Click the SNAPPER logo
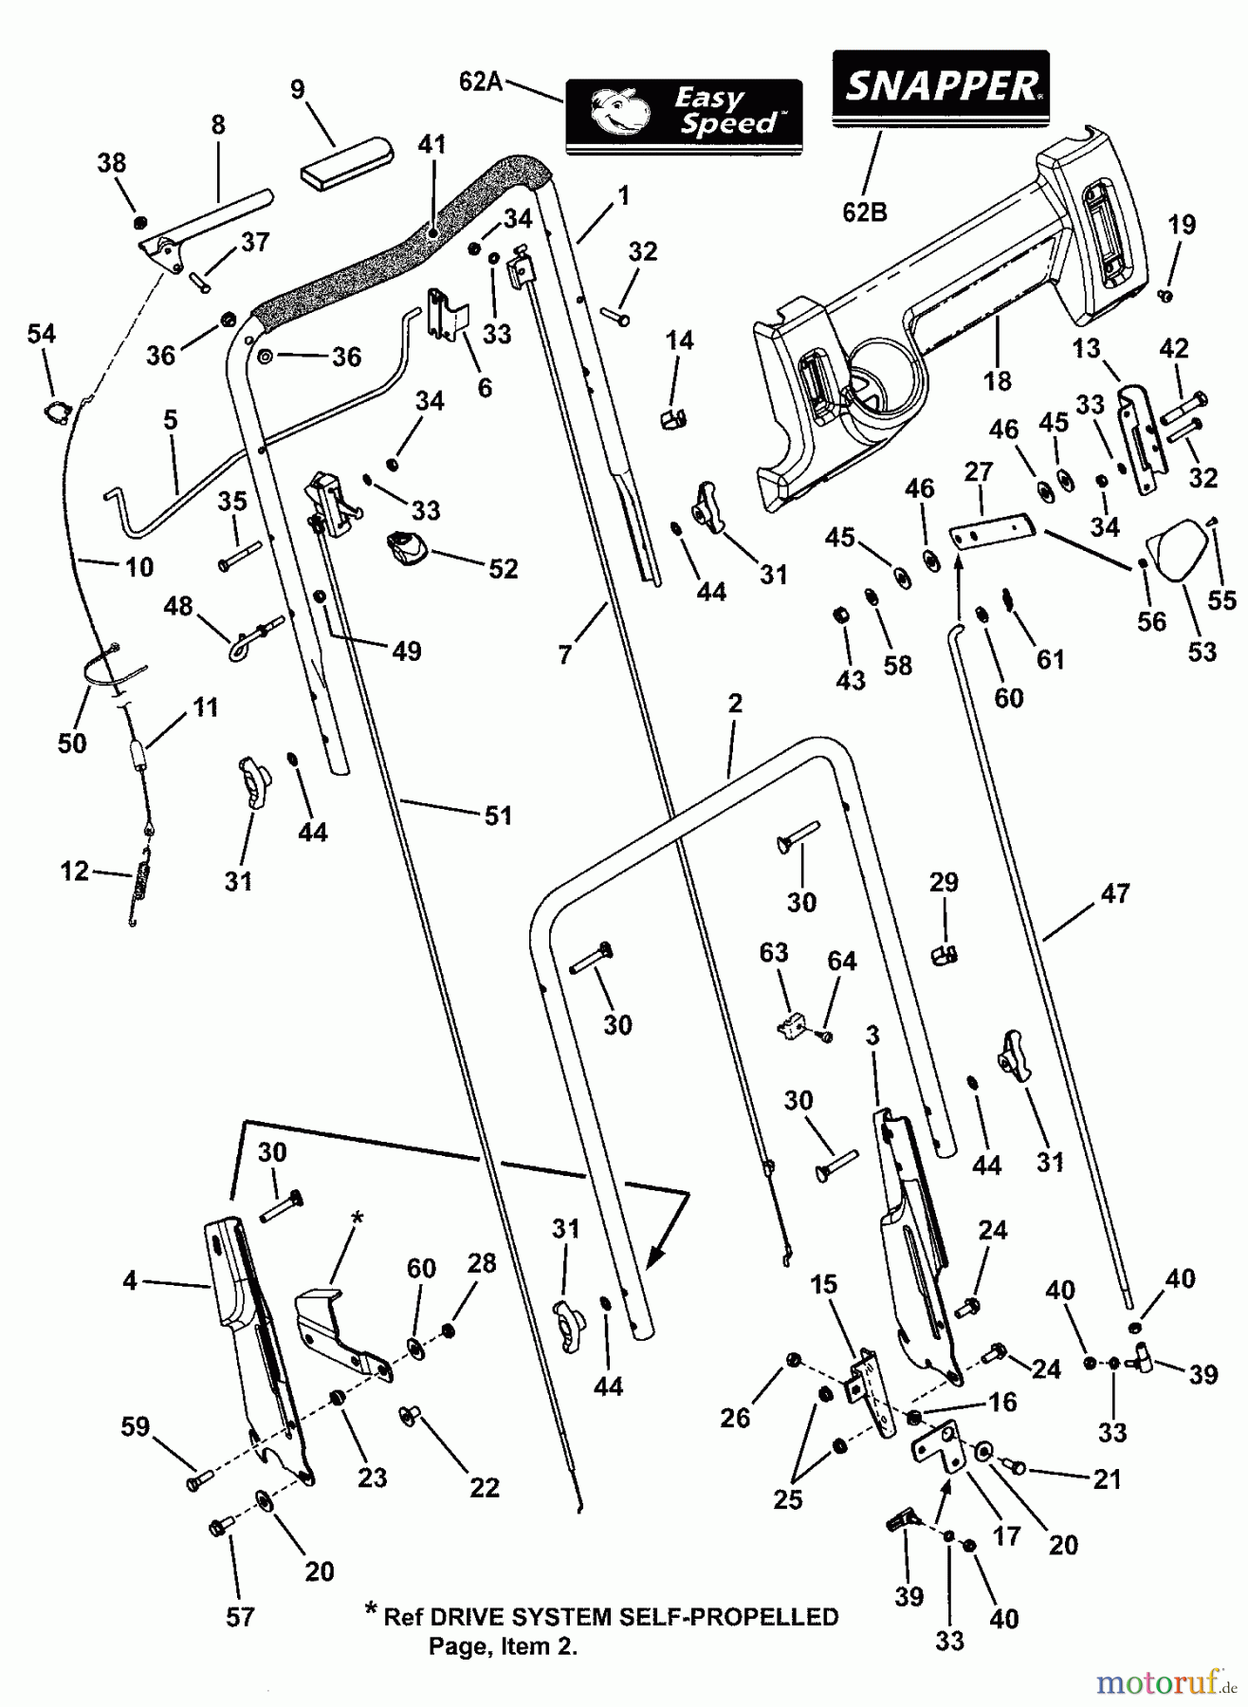(941, 88)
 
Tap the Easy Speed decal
(684, 116)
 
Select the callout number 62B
(865, 211)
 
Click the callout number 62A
(481, 82)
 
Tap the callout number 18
(997, 380)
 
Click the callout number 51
(498, 815)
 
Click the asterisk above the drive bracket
(357, 1216)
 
